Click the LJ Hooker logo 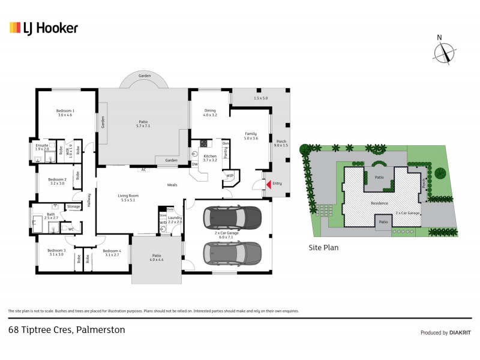(43, 28)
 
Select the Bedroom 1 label (65, 112)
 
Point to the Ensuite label (41, 147)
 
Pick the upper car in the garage (232, 217)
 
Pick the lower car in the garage (232, 253)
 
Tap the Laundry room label (175, 220)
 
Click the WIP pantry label (229, 176)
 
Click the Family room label (250, 135)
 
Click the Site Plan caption (324, 247)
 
